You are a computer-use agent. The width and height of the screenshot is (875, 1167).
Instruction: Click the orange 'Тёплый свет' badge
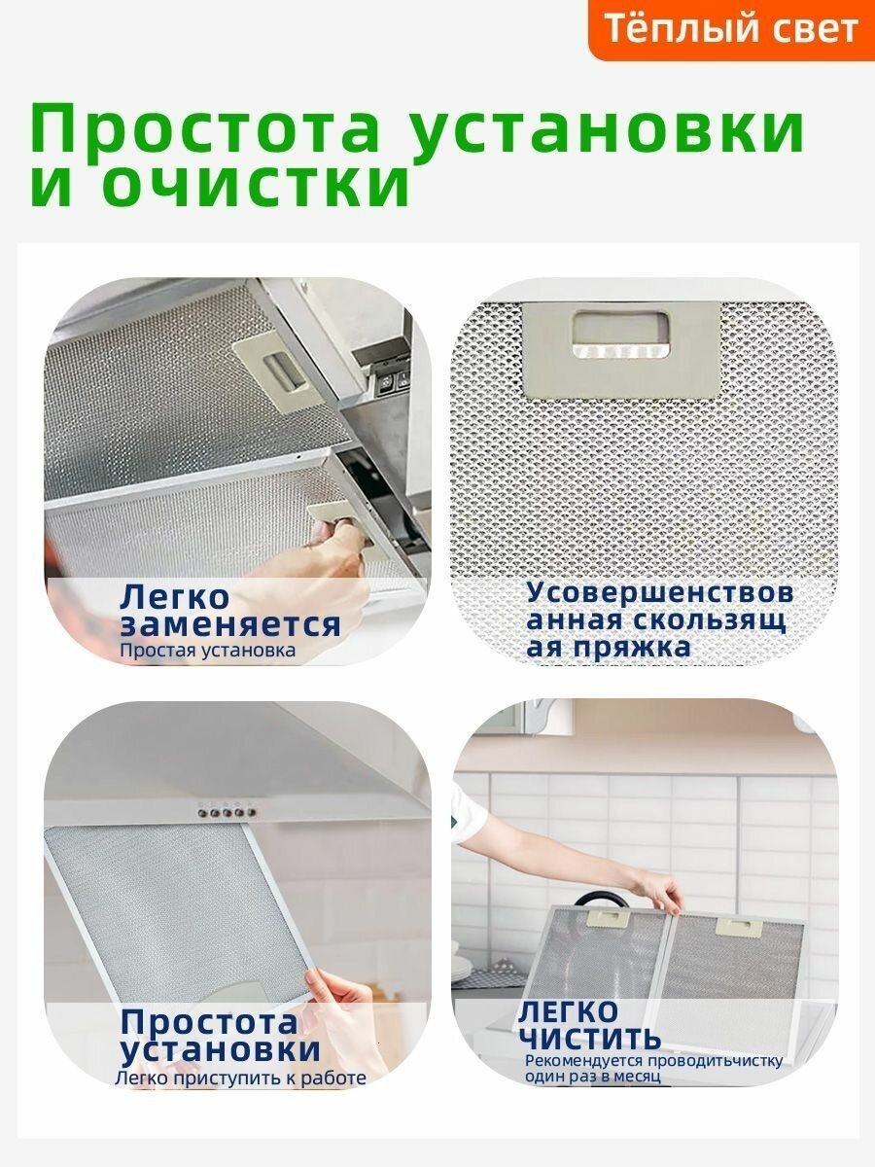[731, 28]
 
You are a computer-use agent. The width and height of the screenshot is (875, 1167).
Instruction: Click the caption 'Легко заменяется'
[229, 611]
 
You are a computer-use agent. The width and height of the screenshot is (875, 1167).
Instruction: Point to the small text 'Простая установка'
[207, 650]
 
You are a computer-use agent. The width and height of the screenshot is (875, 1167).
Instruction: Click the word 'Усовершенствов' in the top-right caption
[660, 592]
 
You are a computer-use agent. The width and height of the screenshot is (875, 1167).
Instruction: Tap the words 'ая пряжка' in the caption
[609, 647]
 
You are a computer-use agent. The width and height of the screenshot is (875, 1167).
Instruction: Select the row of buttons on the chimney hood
[225, 806]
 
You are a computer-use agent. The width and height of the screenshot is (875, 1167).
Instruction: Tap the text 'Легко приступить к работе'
[240, 1078]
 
